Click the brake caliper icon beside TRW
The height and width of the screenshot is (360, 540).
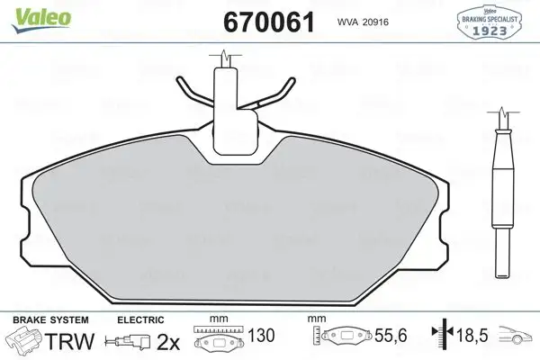25,343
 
